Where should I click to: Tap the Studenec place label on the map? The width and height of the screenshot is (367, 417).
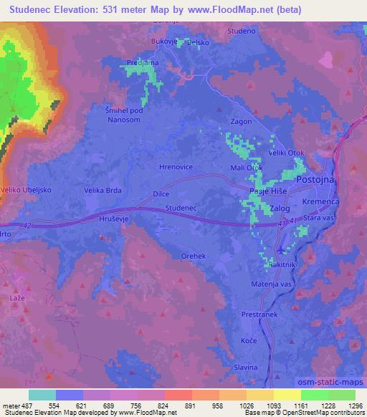[181, 208]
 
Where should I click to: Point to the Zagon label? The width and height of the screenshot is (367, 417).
[241, 122]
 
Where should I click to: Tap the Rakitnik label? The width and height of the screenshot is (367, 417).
[282, 265]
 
